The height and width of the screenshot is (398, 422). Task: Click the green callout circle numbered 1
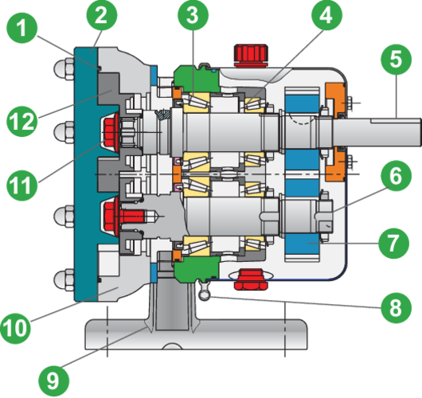[x=21, y=28]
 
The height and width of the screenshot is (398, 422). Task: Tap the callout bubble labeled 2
[x=102, y=15]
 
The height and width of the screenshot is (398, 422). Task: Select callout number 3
[x=193, y=15]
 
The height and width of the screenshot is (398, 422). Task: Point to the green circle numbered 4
[x=326, y=15]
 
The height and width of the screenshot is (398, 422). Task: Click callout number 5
[x=397, y=59]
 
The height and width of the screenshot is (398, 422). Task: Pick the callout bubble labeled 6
[x=397, y=176]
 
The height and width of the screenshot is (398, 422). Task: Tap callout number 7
[x=394, y=244]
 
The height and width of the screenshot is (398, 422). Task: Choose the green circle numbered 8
[x=397, y=307]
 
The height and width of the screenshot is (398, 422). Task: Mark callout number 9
[x=54, y=381]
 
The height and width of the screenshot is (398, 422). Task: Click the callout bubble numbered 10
[x=15, y=329]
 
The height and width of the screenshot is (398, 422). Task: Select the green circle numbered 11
[x=21, y=185]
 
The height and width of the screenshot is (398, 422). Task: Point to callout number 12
[x=21, y=121]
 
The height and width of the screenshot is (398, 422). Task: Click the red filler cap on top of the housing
[x=251, y=55]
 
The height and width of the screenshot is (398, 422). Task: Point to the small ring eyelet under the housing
[x=205, y=295]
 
